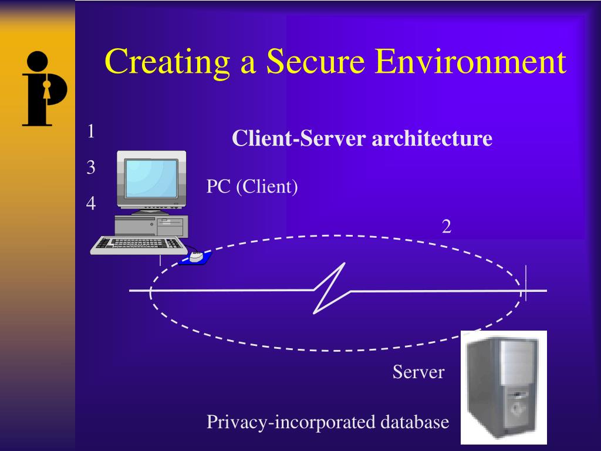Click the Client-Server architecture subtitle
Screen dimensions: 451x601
[362, 139]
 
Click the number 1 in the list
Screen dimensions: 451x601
[91, 132]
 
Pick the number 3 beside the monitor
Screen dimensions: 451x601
[91, 168]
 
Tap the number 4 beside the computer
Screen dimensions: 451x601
[91, 203]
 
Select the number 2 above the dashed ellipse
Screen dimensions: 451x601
[447, 227]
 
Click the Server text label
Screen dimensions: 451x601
[418, 372]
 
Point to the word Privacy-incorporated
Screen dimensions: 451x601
[291, 422]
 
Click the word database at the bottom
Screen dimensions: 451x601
[414, 422]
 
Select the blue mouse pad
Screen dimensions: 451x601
[196, 258]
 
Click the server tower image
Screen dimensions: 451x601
[503, 388]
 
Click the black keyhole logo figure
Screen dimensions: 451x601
[45, 88]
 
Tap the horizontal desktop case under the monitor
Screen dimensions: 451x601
[151, 225]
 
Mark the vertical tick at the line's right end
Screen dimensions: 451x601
[526, 283]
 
